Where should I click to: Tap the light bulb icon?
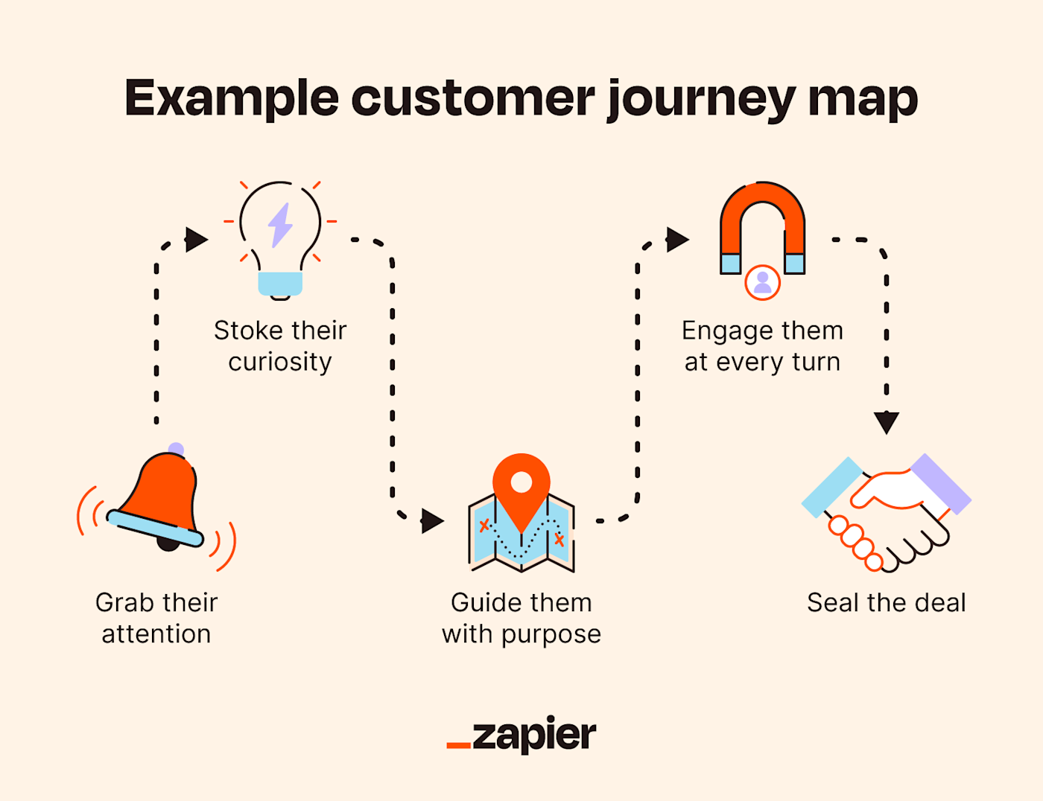[x=280, y=238]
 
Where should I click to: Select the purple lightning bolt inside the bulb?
[x=280, y=225]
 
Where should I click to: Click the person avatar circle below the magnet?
[x=762, y=282]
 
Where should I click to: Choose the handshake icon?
[x=886, y=514]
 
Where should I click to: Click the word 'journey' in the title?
[x=701, y=99]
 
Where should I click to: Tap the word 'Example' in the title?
[x=232, y=99]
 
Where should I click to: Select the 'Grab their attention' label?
[x=156, y=618]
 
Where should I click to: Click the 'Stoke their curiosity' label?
[x=280, y=345]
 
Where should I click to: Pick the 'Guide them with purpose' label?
[x=521, y=618]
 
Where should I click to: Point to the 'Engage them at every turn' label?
[x=762, y=345]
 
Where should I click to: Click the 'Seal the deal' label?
[x=886, y=602]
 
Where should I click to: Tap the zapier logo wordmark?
[x=534, y=735]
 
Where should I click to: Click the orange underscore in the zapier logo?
[x=458, y=744]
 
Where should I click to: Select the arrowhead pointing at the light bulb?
[x=196, y=240]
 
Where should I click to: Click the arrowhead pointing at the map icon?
[x=432, y=520]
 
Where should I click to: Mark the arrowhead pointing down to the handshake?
[x=886, y=422]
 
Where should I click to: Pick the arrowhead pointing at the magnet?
[x=677, y=240]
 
